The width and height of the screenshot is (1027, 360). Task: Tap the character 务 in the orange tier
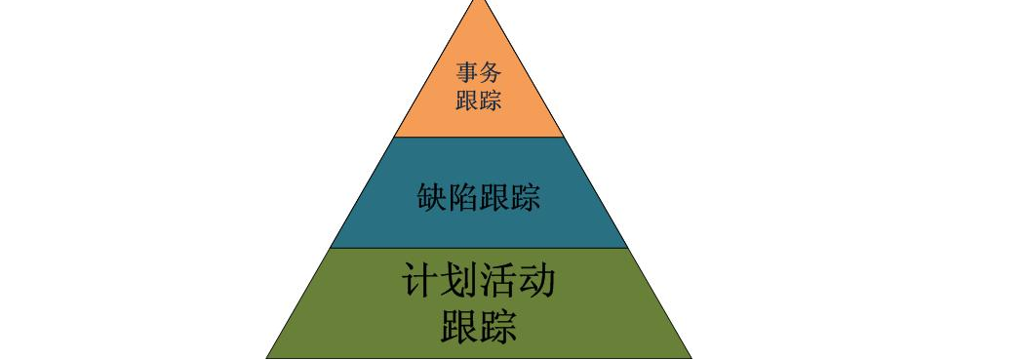491,72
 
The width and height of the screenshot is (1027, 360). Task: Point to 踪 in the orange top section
491,100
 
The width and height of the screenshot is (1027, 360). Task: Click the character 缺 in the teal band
430,198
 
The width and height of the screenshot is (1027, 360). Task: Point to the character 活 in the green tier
498,283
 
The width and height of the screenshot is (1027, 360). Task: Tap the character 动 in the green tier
537,283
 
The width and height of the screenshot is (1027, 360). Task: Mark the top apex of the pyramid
479,1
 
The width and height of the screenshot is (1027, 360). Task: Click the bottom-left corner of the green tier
266,358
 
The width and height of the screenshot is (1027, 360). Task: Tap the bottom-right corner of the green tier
691,358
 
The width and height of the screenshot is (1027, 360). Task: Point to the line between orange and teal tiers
479,137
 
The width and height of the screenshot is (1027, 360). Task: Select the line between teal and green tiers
479,248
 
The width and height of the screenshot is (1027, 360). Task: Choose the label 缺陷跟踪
478,198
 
